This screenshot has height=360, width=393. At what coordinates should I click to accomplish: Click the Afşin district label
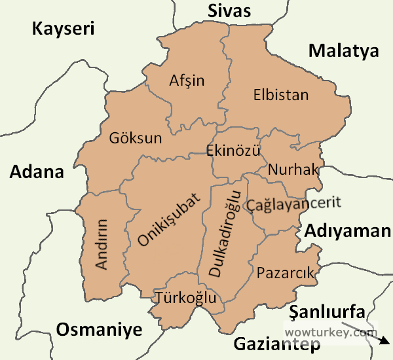pos(187,81)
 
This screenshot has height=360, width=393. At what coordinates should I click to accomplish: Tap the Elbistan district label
pos(280,95)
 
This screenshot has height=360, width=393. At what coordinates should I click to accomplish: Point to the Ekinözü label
pos(233,151)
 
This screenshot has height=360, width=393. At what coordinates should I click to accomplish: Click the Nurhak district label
pos(293,170)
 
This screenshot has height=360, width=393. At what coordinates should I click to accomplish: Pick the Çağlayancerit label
pos(294,204)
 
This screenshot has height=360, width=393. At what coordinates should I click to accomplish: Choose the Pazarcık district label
pos(286,272)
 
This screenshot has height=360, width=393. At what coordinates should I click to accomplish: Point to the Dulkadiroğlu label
pos(225,234)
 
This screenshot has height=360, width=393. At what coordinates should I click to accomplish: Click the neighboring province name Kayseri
pos(64,29)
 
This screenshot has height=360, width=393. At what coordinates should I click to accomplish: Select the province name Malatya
pos(344,50)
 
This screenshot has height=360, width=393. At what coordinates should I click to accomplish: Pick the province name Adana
pos(37,172)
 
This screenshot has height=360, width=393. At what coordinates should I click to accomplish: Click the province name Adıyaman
pos(347,230)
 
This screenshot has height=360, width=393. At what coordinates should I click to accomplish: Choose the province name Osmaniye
pos(99,329)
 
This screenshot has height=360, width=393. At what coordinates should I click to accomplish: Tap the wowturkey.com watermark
pos(330,332)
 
